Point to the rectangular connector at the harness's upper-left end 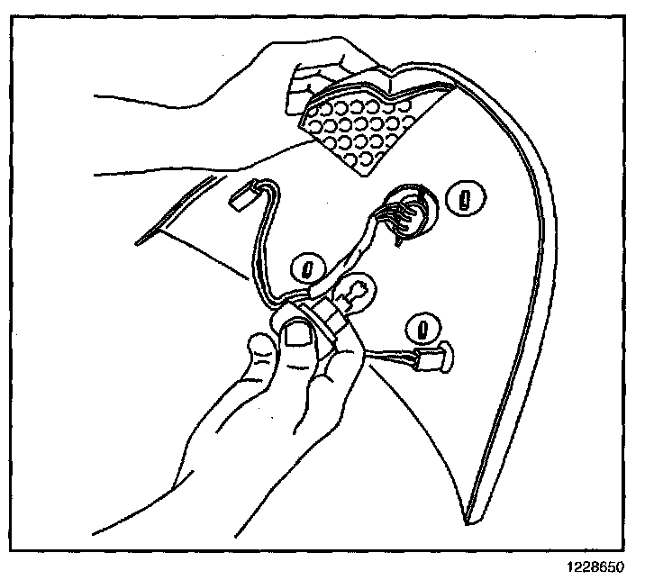click(x=241, y=196)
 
